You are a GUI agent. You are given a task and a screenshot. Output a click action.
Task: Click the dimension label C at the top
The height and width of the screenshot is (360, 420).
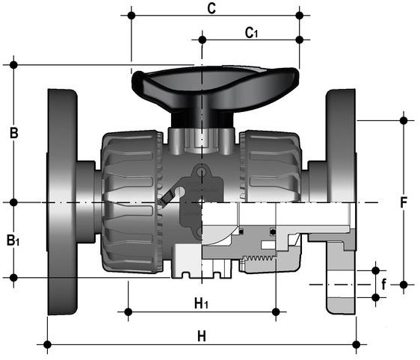(211, 8)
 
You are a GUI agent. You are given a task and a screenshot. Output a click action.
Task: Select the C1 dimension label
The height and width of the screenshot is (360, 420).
(251, 33)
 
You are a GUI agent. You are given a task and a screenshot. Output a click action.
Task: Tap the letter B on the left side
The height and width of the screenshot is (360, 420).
(14, 133)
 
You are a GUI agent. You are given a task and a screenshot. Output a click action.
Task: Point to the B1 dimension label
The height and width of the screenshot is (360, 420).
(13, 240)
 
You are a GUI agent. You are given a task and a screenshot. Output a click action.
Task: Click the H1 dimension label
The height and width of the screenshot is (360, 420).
(201, 303)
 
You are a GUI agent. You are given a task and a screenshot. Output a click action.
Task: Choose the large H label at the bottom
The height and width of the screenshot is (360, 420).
(202, 336)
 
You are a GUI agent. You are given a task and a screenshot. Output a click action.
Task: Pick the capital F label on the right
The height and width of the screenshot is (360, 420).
(404, 202)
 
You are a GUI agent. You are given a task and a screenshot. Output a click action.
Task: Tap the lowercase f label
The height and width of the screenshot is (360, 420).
(384, 284)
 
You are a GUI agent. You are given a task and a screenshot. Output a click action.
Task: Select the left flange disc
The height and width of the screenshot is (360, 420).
(62, 202)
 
